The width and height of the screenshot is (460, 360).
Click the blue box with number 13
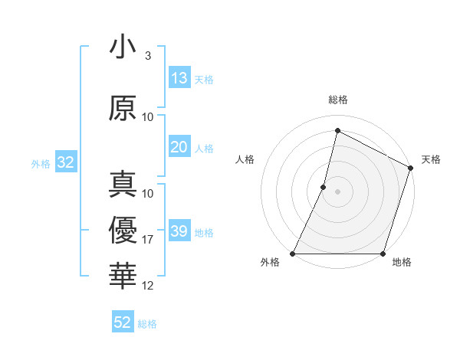179,78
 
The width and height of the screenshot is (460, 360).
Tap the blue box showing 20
179,147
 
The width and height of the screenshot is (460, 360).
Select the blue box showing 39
179,231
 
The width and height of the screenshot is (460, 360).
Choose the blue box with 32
65,162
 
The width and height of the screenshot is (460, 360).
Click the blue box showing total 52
123,322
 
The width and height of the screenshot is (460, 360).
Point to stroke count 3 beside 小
147,56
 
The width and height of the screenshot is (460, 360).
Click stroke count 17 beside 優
148,240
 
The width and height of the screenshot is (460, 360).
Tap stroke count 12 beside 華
148,286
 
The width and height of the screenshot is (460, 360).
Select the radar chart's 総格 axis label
337,100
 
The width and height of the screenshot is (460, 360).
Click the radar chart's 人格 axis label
245,159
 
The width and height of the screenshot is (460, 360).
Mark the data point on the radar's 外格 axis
293,254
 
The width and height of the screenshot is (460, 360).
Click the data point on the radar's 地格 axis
383,254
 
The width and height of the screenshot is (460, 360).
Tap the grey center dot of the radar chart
337,191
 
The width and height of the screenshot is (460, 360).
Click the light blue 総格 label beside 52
147,324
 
